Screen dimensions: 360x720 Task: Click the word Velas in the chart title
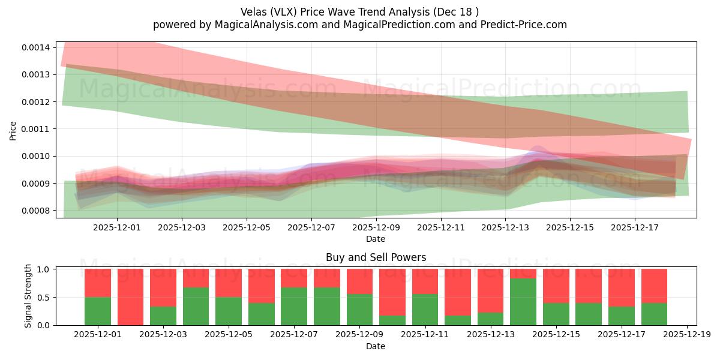(x=254, y=12)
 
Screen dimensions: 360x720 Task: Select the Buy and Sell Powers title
(x=376, y=257)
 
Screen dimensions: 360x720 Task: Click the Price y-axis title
(x=13, y=130)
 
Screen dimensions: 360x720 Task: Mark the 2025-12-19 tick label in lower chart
(x=686, y=334)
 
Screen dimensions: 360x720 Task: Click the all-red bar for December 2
(x=130, y=297)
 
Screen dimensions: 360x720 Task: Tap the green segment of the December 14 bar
(x=523, y=302)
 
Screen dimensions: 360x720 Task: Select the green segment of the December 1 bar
(x=98, y=311)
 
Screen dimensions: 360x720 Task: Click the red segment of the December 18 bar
(x=654, y=286)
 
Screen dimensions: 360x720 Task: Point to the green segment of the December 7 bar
(x=294, y=306)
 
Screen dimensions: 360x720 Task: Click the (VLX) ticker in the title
(x=287, y=12)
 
